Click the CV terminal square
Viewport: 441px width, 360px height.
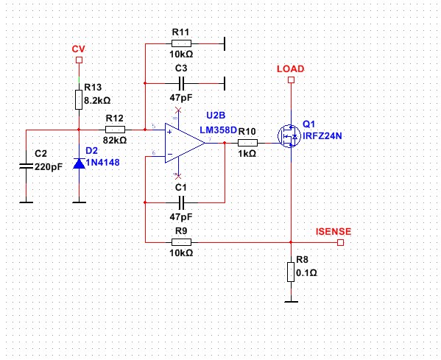pyautogui.click(x=79, y=60)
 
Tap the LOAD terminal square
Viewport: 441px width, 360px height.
pyautogui.click(x=291, y=80)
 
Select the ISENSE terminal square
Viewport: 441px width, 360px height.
pyautogui.click(x=340, y=242)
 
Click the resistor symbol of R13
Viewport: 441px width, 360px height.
pyautogui.click(x=79, y=100)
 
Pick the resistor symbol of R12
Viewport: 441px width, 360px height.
pyautogui.click(x=115, y=130)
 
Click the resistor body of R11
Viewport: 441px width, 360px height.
pyautogui.click(x=181, y=43)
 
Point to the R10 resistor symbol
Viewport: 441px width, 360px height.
pyautogui.click(x=247, y=143)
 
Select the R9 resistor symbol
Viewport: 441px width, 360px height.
pyautogui.click(x=181, y=242)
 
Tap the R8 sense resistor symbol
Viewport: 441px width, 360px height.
pyautogui.click(x=291, y=272)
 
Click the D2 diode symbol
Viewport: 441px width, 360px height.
pyautogui.click(x=79, y=163)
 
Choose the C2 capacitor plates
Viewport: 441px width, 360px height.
pyautogui.click(x=27, y=166)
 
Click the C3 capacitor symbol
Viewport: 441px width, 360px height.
pyautogui.click(x=182, y=83)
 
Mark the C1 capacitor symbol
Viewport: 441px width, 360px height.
pyautogui.click(x=182, y=202)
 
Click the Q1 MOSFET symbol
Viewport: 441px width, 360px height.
pyautogui.click(x=289, y=136)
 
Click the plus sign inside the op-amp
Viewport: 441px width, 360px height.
pyautogui.click(x=169, y=133)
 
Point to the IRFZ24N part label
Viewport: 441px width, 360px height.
pyautogui.click(x=322, y=136)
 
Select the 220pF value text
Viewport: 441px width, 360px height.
pyautogui.click(x=49, y=167)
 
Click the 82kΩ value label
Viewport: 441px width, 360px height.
pyautogui.click(x=115, y=140)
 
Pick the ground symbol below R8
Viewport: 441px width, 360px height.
pyautogui.click(x=291, y=302)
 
